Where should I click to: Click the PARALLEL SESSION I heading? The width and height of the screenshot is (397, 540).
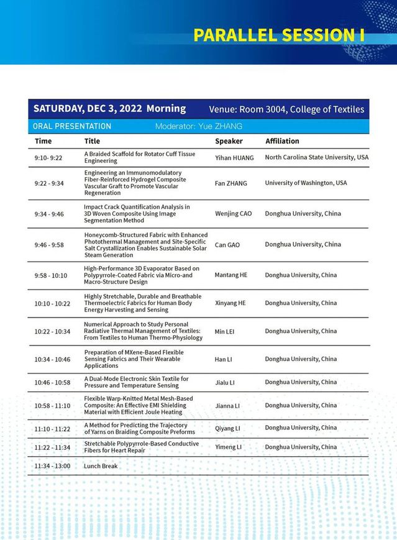tap(278, 35)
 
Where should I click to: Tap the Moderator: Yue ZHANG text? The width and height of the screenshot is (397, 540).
tap(198, 126)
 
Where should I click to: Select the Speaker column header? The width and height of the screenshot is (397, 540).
tap(229, 141)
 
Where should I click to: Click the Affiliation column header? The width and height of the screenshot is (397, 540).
tap(282, 141)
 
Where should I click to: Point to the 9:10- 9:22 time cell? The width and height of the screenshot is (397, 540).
tap(48, 158)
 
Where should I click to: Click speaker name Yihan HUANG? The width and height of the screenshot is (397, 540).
tap(234, 158)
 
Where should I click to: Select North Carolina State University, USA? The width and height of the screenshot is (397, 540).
tap(316, 157)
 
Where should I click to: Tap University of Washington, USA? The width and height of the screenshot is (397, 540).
tap(306, 183)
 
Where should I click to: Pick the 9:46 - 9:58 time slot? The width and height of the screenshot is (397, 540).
tap(49, 245)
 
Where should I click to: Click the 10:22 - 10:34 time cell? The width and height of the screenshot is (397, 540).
tap(52, 332)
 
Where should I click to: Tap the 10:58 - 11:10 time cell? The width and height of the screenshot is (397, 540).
tap(52, 406)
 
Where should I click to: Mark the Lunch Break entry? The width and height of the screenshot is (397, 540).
tap(101, 466)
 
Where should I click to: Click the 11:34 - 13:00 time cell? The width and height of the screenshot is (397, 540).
tap(52, 466)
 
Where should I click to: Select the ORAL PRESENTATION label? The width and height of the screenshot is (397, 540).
tap(72, 126)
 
